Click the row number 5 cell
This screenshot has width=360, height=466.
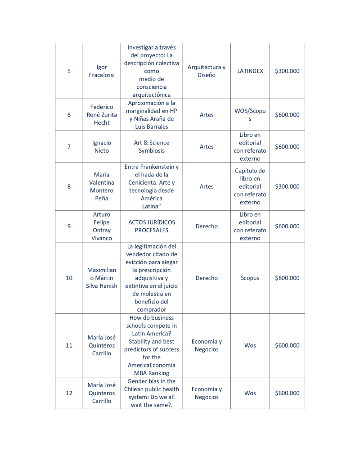(x=69, y=71)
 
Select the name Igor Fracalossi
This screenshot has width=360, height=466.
(x=102, y=71)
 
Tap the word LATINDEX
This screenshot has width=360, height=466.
(x=250, y=71)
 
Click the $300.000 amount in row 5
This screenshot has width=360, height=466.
(x=287, y=71)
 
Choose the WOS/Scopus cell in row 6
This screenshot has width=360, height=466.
(x=250, y=115)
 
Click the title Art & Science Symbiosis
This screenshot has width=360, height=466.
(x=151, y=147)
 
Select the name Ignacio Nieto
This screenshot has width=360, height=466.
(x=102, y=147)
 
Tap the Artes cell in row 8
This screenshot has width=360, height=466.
(x=207, y=186)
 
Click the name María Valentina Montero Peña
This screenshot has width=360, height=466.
(x=102, y=186)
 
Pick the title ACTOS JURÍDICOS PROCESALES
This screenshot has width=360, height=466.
(x=151, y=226)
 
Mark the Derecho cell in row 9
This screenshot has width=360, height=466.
(x=207, y=226)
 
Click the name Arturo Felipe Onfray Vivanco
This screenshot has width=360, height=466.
(x=102, y=226)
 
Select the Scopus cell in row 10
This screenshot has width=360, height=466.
(x=250, y=278)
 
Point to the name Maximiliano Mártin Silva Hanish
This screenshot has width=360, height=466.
(x=102, y=278)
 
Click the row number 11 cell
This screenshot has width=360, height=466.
(x=69, y=345)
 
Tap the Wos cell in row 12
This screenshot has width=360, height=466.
(x=250, y=393)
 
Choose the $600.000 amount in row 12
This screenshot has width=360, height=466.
(x=287, y=393)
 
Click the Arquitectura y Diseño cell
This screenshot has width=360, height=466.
(x=207, y=71)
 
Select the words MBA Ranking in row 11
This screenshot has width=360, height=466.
(x=151, y=373)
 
